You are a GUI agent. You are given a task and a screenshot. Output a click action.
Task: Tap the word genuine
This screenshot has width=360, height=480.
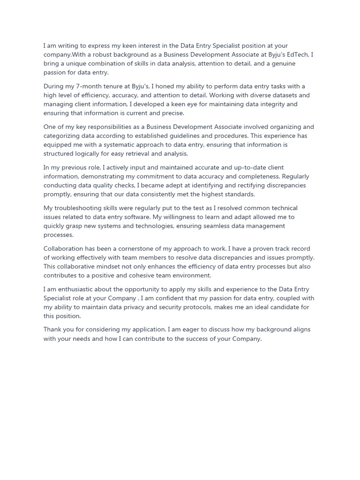click(283, 64)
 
